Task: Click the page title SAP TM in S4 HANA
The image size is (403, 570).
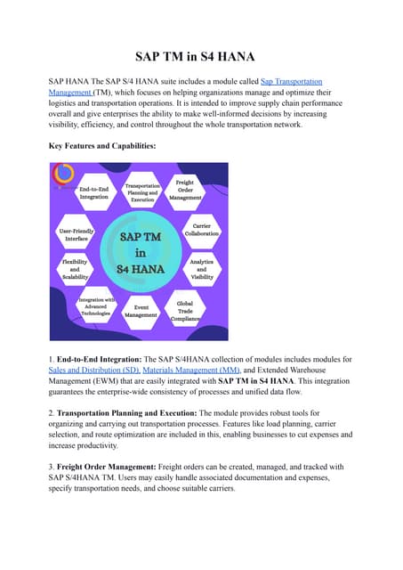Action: click(201, 55)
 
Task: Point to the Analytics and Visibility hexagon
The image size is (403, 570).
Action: click(201, 269)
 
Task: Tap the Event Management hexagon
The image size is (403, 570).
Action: click(141, 310)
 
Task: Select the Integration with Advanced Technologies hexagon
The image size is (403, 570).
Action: click(96, 306)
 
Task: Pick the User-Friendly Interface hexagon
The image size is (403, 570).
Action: click(78, 234)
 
